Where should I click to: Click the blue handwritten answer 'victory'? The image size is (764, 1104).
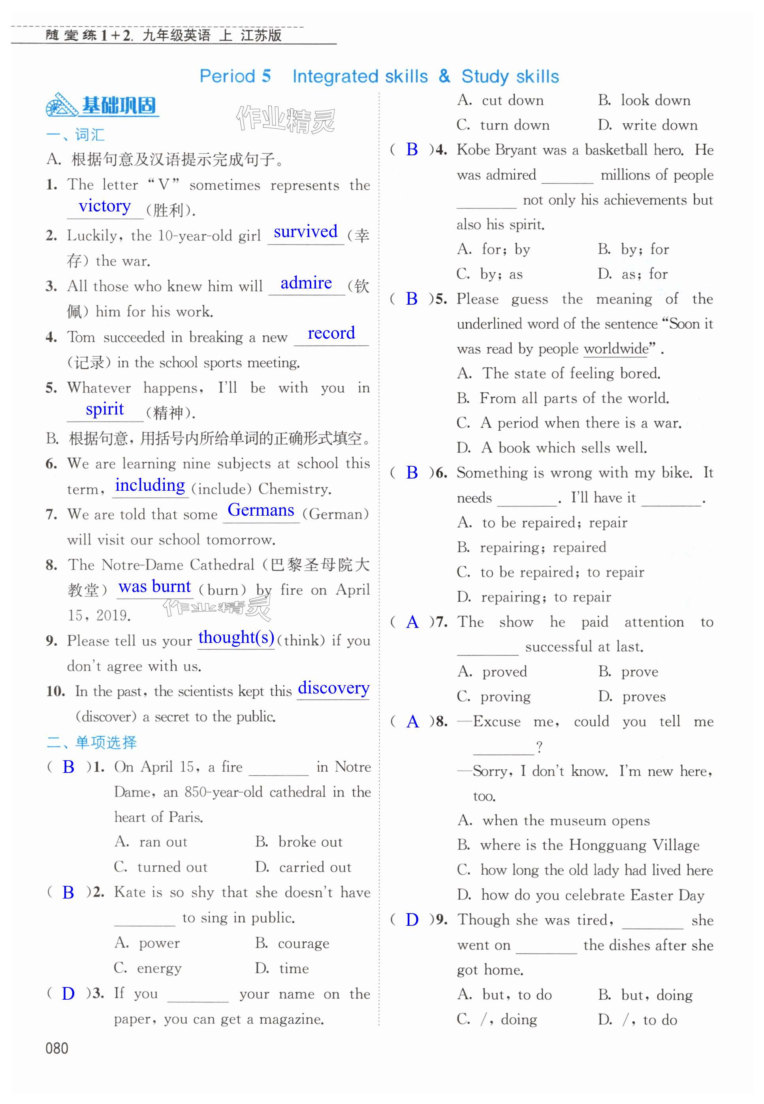[104, 206]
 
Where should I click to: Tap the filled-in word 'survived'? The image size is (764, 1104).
[305, 232]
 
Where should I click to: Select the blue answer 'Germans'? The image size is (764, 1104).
[260, 511]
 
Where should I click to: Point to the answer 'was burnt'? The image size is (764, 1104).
[154, 586]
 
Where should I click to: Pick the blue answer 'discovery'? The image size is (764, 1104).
[333, 688]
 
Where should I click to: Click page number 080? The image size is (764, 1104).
[56, 1048]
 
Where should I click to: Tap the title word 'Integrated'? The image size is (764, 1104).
[359, 77]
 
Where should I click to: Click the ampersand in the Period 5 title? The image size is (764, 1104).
[444, 76]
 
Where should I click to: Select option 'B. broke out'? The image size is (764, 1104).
[299, 842]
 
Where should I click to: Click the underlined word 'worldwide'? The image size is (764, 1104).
[615, 349]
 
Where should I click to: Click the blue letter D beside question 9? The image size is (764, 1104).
[412, 920]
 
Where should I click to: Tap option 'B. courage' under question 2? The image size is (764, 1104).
[292, 943]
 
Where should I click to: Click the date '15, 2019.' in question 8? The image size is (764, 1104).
[99, 615]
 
